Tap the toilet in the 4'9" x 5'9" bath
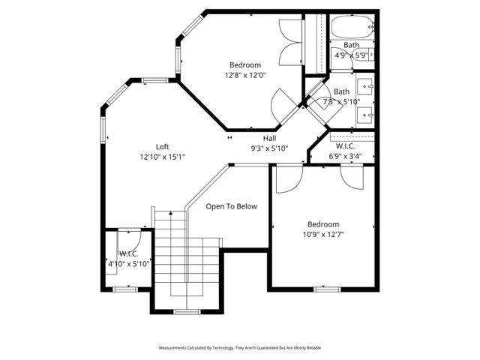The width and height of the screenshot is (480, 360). click(x=367, y=55)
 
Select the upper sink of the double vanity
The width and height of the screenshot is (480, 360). click(x=365, y=85)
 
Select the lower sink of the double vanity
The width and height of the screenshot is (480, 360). click(x=365, y=114)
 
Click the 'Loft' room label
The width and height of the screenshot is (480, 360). click(x=162, y=146)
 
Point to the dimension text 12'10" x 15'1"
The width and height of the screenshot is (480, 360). click(x=162, y=157)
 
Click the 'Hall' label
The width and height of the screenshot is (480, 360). click(x=269, y=138)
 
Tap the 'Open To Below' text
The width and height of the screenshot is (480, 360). click(x=232, y=205)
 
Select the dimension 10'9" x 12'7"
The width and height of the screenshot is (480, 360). click(x=323, y=234)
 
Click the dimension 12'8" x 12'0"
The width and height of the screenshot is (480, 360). click(x=245, y=75)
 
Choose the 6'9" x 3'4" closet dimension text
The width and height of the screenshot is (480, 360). click(x=346, y=156)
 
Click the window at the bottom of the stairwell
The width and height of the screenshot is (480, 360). click(x=185, y=310)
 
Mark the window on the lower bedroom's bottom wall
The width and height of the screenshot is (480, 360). click(x=327, y=288)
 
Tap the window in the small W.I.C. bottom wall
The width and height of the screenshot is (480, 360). click(x=124, y=288)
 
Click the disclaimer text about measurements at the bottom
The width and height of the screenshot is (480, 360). click(x=240, y=348)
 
